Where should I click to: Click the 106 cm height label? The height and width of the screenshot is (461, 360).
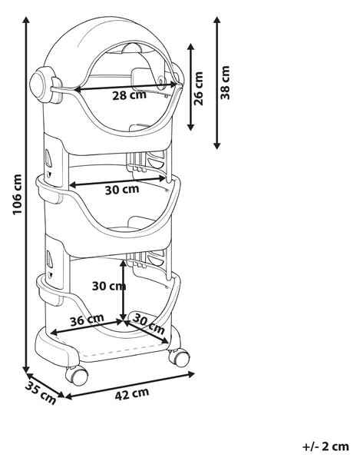tap(18, 194)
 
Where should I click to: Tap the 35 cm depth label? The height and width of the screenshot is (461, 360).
tap(41, 393)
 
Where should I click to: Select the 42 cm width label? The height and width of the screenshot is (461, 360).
tap(132, 393)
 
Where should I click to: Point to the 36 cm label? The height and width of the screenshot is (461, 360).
tap(87, 320)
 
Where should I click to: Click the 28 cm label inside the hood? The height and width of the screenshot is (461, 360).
tap(129, 95)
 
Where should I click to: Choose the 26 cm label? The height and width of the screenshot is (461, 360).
tap(199, 88)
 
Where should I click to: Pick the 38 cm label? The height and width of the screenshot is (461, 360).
tap(225, 83)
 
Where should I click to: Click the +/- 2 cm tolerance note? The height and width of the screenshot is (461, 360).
tap(325, 446)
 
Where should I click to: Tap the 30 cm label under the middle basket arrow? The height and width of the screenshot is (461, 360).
tap(122, 190)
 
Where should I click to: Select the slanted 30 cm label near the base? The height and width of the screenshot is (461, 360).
tap(149, 323)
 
